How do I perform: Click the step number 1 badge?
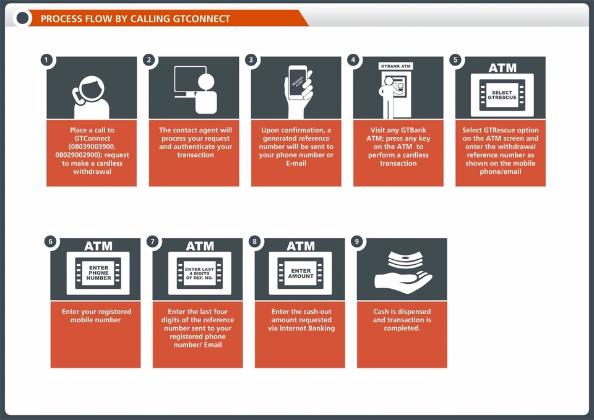click(46, 60)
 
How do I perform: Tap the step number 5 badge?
click(455, 60)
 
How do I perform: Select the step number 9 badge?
click(357, 242)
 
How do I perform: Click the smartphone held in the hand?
click(298, 83)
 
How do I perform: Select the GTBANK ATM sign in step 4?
click(395, 66)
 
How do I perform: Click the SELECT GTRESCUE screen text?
click(502, 95)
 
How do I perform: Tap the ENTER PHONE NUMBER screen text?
click(99, 273)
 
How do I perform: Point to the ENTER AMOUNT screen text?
click(301, 273)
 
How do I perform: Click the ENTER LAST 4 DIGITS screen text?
click(200, 273)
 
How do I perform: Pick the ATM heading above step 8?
click(301, 246)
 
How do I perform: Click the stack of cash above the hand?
click(405, 260)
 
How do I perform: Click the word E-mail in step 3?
click(296, 163)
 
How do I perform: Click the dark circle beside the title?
click(22, 18)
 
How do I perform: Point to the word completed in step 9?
click(402, 328)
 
